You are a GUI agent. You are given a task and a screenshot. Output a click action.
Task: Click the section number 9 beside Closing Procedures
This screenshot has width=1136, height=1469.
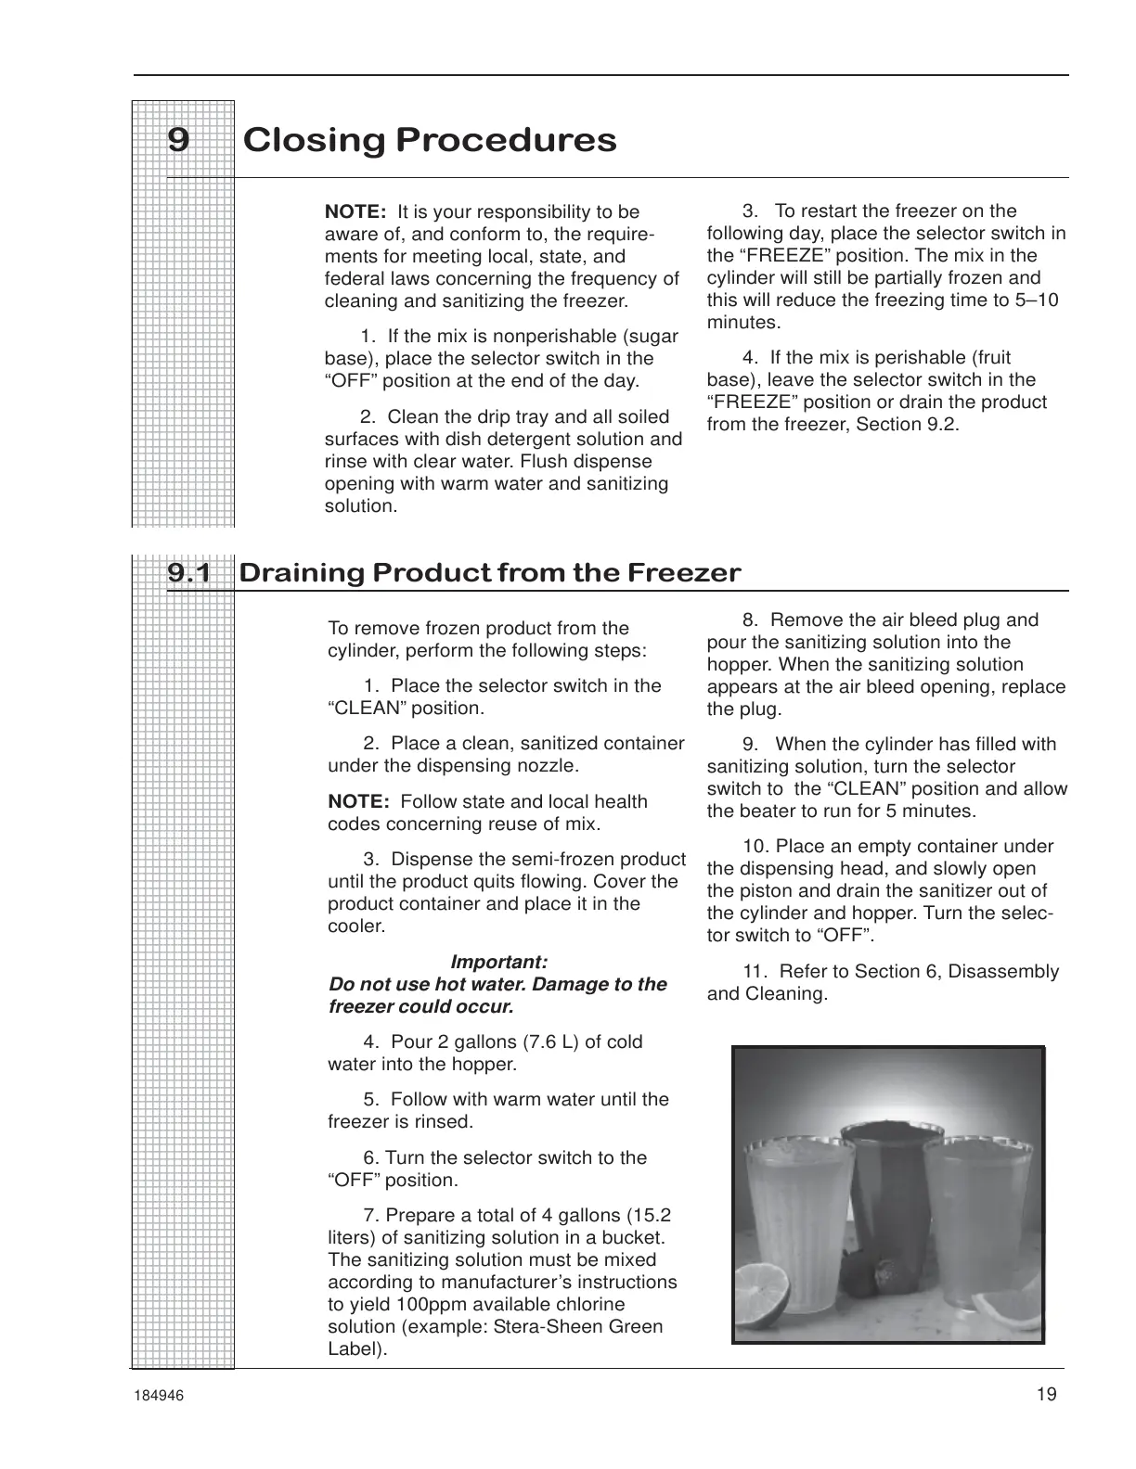(178, 140)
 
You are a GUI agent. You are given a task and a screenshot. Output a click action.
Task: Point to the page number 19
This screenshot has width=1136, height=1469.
(1047, 1394)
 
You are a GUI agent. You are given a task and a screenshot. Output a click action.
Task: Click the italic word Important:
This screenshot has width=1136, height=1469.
(498, 962)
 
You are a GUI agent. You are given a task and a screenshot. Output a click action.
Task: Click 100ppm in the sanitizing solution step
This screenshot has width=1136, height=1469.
(439, 1304)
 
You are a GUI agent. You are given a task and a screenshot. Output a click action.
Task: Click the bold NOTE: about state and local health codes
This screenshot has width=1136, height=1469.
(358, 802)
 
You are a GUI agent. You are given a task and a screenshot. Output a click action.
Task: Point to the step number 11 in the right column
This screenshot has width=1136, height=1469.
(755, 972)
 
